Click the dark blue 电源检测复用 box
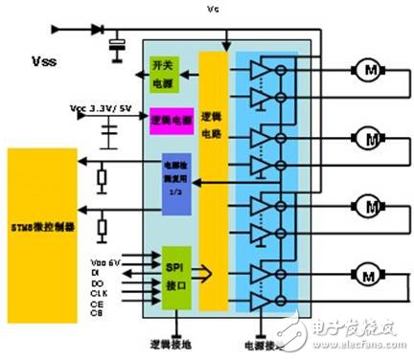[180, 178]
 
